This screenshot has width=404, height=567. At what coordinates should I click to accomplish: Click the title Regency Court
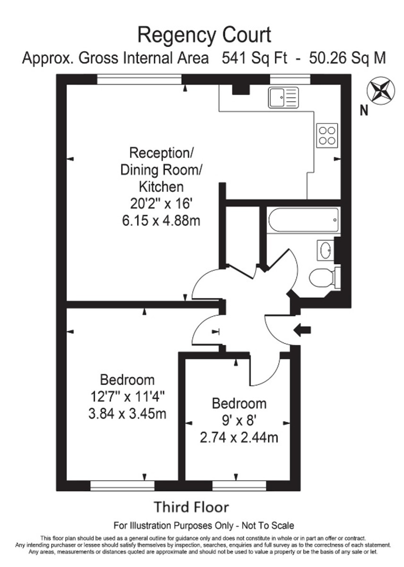tap(204, 35)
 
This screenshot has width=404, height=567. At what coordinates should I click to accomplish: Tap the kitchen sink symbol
tap(283, 97)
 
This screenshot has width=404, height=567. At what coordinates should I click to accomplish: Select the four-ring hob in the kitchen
tap(327, 135)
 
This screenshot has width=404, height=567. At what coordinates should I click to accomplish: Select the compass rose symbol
tap(380, 90)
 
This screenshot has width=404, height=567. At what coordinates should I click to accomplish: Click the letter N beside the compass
tap(364, 111)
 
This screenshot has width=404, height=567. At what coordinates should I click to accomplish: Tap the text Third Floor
tap(191, 507)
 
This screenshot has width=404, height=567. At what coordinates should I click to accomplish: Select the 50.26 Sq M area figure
tap(347, 59)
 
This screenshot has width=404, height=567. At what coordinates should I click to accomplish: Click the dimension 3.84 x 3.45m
tap(127, 414)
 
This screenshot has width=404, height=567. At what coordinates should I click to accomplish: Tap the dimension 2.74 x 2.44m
tap(239, 438)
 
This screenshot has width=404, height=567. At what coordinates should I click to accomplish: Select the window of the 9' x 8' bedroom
tap(239, 485)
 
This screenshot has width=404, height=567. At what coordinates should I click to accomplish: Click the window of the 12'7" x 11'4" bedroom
tap(122, 485)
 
